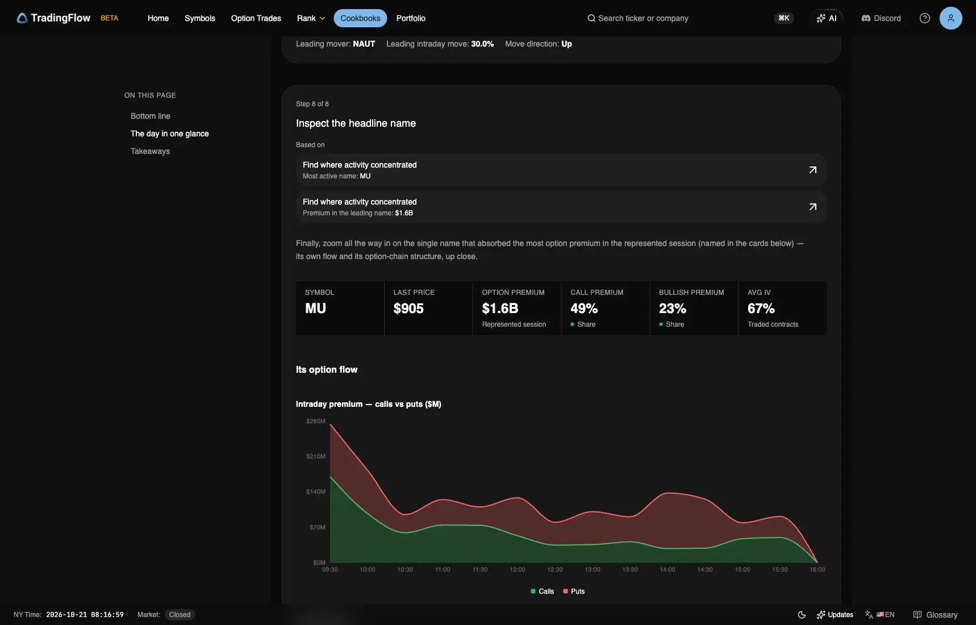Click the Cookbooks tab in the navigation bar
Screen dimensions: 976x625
(x=360, y=18)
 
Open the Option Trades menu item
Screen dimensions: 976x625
(x=256, y=18)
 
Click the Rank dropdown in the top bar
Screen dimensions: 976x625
(x=311, y=18)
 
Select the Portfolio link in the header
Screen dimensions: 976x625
(x=411, y=18)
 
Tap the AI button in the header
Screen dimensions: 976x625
(x=827, y=18)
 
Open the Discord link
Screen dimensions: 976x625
(x=881, y=18)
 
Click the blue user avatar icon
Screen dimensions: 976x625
(x=950, y=18)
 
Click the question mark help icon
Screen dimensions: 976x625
(x=925, y=18)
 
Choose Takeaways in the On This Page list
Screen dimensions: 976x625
(x=150, y=151)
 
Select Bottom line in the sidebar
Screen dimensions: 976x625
(x=150, y=116)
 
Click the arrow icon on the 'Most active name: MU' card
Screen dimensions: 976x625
(x=813, y=170)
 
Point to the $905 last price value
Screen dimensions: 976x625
(x=408, y=309)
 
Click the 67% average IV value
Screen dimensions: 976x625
(x=761, y=309)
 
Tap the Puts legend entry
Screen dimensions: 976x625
(x=574, y=591)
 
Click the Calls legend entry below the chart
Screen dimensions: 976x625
(x=542, y=591)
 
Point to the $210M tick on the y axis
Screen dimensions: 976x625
(x=316, y=456)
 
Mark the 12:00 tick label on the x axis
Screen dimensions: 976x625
(x=518, y=569)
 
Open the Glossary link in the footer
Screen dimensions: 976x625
(x=935, y=615)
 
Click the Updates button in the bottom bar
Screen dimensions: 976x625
(x=835, y=615)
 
